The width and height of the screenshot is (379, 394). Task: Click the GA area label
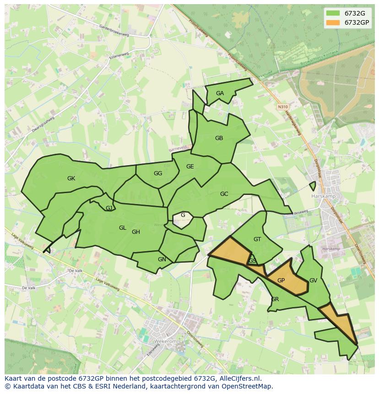(220, 93)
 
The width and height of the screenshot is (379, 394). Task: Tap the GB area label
(219, 138)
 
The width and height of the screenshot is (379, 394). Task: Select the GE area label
(190, 167)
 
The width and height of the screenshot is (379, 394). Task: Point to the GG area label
(158, 173)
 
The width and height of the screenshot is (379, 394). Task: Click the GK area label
(71, 178)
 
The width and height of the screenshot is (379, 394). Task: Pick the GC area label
(224, 194)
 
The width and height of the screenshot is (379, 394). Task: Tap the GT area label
(257, 239)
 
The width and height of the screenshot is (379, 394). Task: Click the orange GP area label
(281, 281)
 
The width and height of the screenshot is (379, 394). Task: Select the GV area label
(313, 281)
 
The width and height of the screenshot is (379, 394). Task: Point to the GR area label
(275, 299)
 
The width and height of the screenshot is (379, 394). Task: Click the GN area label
(162, 259)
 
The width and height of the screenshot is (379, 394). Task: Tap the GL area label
(122, 228)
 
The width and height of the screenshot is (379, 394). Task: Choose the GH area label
(136, 232)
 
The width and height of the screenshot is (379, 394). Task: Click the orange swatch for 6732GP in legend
(333, 22)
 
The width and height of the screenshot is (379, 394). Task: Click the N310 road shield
(282, 107)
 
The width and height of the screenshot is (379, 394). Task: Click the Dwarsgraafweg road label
(43, 124)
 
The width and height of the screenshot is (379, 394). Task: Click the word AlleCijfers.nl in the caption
(239, 378)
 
